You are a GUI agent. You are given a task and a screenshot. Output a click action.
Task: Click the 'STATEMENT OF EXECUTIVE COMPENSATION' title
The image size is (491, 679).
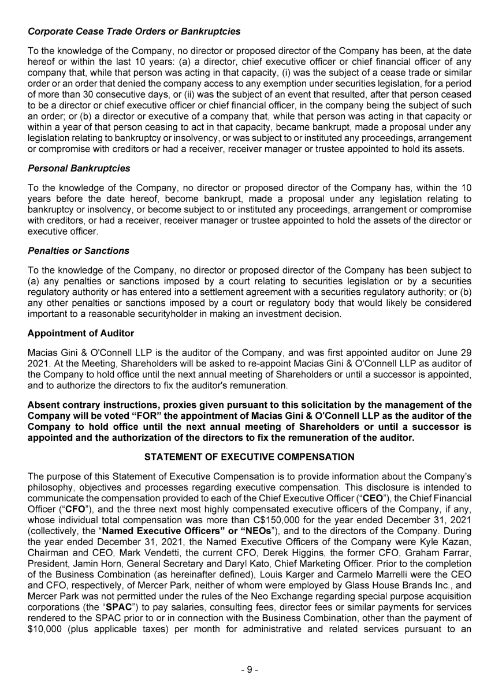249,457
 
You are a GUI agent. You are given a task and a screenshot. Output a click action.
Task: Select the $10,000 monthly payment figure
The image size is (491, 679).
46,642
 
